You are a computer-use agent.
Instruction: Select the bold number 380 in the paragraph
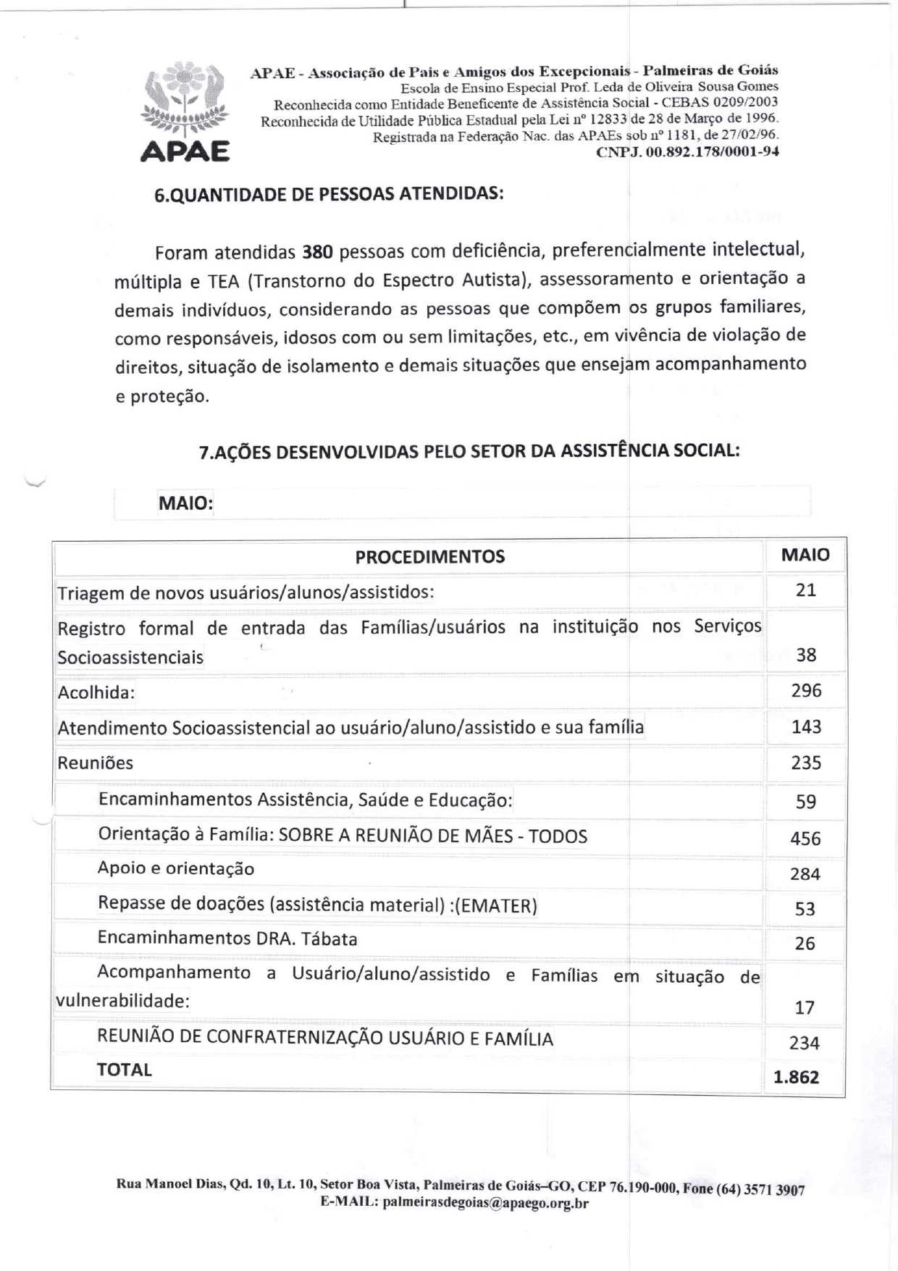pos(317,252)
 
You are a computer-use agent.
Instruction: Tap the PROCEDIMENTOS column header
pos(429,557)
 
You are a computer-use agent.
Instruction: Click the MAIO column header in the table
pos(805,555)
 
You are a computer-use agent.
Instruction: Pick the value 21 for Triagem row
pos(805,590)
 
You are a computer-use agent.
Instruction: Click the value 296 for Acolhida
pos(806,690)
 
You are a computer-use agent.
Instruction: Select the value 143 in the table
pos(806,726)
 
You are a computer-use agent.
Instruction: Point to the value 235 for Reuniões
pos(806,763)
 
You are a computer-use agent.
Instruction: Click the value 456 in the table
pos(805,839)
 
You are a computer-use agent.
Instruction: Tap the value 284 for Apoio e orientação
pos(805,874)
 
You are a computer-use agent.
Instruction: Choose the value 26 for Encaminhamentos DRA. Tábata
pos(805,944)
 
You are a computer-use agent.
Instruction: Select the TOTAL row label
pos(125,1070)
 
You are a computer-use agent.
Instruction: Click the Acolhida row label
pos(96,692)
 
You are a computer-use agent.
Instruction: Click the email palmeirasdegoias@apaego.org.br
pos(485,1203)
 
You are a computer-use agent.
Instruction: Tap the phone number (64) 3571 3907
pos(760,1189)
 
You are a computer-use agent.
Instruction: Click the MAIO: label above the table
pos(185,503)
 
